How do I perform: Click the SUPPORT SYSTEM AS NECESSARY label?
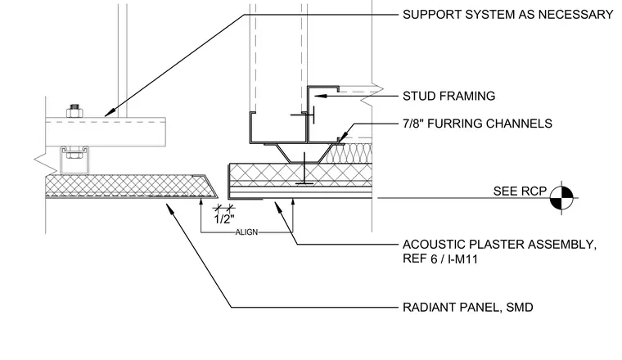507,15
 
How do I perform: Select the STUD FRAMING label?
449,96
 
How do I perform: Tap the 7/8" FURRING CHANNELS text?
477,124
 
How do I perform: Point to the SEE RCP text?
520,191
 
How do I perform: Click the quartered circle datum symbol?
561,197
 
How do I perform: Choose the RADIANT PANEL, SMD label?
467,308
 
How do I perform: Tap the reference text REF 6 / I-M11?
440,259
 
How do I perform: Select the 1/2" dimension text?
224,219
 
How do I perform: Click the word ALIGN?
246,232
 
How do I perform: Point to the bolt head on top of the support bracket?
74,111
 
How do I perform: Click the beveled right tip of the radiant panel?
218,196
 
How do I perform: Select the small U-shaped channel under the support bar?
74,160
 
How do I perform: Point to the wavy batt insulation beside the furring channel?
350,153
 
